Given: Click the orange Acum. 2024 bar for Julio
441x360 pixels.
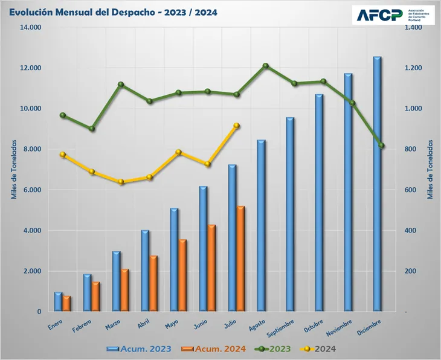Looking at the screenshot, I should [x=241, y=259].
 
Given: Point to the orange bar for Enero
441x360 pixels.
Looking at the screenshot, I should [x=66, y=303].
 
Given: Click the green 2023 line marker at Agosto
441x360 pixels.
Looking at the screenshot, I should [x=265, y=66].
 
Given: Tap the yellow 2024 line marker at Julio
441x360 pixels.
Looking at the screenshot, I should [x=236, y=126].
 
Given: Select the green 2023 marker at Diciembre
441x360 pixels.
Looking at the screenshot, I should [x=382, y=146].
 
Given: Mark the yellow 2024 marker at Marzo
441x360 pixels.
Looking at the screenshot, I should [x=121, y=182].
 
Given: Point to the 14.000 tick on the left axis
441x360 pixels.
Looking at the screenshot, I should [x=30, y=27].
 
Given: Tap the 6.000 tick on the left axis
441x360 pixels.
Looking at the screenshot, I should [x=31, y=190].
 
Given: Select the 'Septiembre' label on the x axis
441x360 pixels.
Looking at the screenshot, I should [x=280, y=327].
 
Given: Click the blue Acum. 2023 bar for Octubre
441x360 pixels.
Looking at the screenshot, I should [x=319, y=202].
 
